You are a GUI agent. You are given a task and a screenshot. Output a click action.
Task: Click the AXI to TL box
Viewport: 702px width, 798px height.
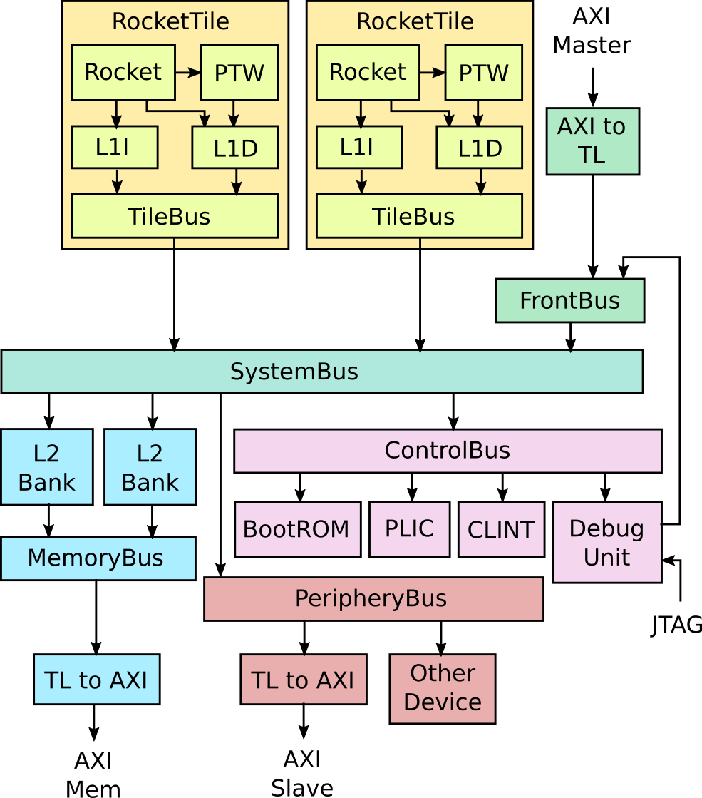pyautogui.click(x=592, y=140)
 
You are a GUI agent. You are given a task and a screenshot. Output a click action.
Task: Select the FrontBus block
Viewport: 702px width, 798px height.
pyautogui.click(x=569, y=300)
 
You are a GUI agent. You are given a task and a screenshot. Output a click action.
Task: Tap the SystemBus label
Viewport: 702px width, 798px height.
pyautogui.click(x=294, y=372)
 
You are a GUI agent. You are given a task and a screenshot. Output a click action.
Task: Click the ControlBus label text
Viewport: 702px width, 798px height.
pyautogui.click(x=447, y=451)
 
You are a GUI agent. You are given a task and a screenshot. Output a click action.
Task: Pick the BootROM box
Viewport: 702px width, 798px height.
pyautogui.click(x=297, y=529)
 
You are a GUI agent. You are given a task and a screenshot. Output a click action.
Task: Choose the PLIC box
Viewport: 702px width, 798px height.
pyautogui.click(x=409, y=529)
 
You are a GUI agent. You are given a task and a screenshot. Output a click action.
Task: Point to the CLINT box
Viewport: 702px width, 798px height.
pyautogui.click(x=500, y=529)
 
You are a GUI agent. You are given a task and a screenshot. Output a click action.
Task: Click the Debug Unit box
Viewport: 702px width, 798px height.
pyautogui.click(x=606, y=542)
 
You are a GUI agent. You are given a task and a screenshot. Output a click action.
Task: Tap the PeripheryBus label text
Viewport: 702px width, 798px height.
pyautogui.click(x=371, y=598)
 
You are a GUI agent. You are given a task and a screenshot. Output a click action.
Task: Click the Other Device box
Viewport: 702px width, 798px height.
pyautogui.click(x=442, y=688)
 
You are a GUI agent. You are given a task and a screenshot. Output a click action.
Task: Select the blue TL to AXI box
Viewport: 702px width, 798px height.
pyautogui.click(x=96, y=680)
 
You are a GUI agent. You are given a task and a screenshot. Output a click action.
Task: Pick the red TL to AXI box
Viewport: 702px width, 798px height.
pyautogui.click(x=303, y=680)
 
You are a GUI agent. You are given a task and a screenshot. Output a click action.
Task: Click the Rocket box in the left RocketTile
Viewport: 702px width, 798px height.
pyautogui.click(x=123, y=72)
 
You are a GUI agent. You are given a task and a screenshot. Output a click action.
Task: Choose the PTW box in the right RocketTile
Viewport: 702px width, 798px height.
pyautogui.click(x=483, y=73)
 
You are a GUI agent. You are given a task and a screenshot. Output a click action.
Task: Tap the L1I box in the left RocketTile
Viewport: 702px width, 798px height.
pyautogui.click(x=114, y=147)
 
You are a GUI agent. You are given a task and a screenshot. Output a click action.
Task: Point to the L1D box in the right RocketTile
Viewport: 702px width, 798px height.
pyautogui.click(x=479, y=148)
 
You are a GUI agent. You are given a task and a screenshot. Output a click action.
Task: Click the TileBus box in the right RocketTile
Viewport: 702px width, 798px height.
pyautogui.click(x=418, y=216)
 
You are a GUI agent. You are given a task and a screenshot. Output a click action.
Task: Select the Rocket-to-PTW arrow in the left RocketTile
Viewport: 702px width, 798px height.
pyautogui.click(x=188, y=72)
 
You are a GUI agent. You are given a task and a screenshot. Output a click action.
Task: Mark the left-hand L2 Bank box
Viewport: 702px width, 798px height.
pyautogui.click(x=46, y=467)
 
